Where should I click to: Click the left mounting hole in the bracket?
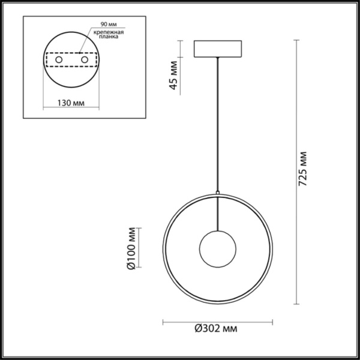point(59,61)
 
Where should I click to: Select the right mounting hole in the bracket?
point(85,61)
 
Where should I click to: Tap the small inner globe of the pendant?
point(217,249)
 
